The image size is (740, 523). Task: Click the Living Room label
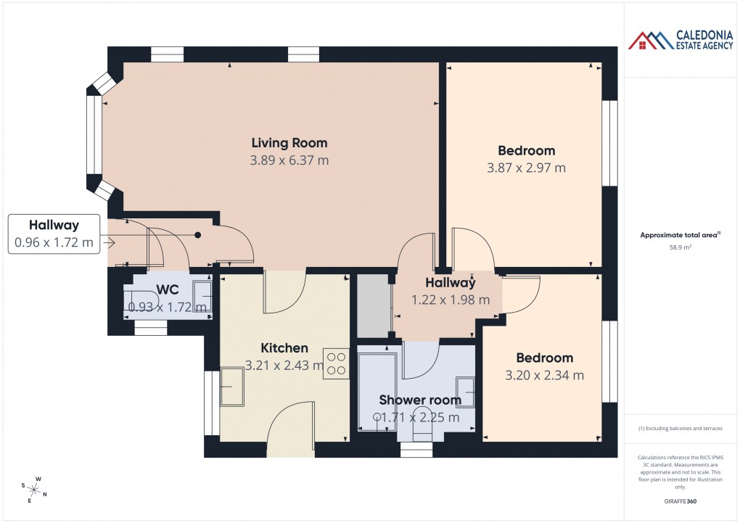[289, 143]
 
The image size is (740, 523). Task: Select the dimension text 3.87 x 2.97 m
[526, 168]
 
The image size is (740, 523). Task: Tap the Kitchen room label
[285, 348]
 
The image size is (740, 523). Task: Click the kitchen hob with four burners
[336, 363]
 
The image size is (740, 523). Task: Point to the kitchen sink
[232, 387]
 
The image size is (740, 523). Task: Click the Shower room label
[419, 400]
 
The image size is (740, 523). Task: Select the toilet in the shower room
[422, 432]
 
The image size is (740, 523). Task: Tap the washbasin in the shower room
[465, 392]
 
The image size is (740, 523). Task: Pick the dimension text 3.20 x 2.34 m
[544, 375]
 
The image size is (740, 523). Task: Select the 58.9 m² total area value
[679, 247]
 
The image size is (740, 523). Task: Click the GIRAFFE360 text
[679, 501]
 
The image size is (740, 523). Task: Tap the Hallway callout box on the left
[54, 234]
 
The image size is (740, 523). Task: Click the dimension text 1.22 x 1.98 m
[450, 300]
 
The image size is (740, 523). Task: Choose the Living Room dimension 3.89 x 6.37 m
[289, 160]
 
